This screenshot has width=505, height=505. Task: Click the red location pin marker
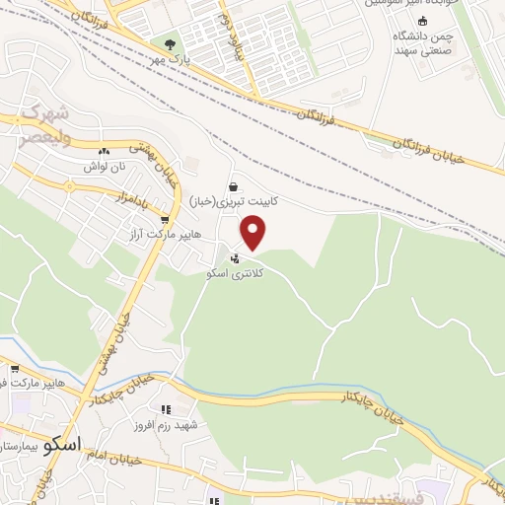pyautogui.click(x=253, y=234)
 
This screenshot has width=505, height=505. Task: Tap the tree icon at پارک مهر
pyautogui.click(x=169, y=44)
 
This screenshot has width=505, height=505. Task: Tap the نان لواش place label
pyautogui.click(x=105, y=167)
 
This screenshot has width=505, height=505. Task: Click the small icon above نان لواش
pyautogui.click(x=104, y=151)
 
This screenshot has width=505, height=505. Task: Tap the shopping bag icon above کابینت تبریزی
pyautogui.click(x=233, y=185)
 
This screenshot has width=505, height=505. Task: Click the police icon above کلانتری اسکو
pyautogui.click(x=233, y=258)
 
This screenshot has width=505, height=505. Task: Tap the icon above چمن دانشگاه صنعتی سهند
pyautogui.click(x=423, y=21)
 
